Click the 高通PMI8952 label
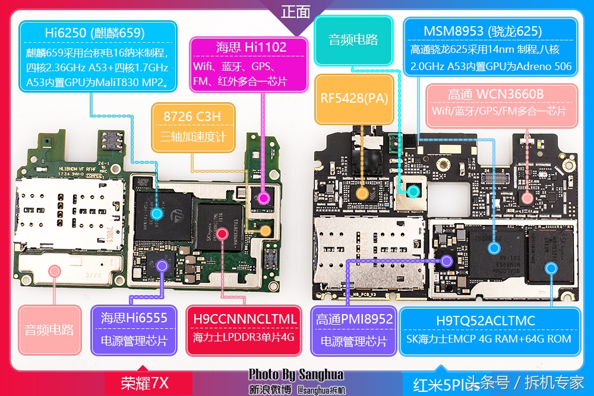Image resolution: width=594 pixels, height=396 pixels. (x=355, y=319)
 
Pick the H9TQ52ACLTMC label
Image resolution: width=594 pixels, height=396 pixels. (x=485, y=321)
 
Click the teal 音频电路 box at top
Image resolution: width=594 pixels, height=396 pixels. (x=353, y=40)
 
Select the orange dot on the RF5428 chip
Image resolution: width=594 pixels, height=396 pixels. (x=361, y=192)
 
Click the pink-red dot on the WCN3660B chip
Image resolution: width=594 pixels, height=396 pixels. (x=527, y=198)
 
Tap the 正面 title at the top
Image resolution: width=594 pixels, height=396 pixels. (x=296, y=11)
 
